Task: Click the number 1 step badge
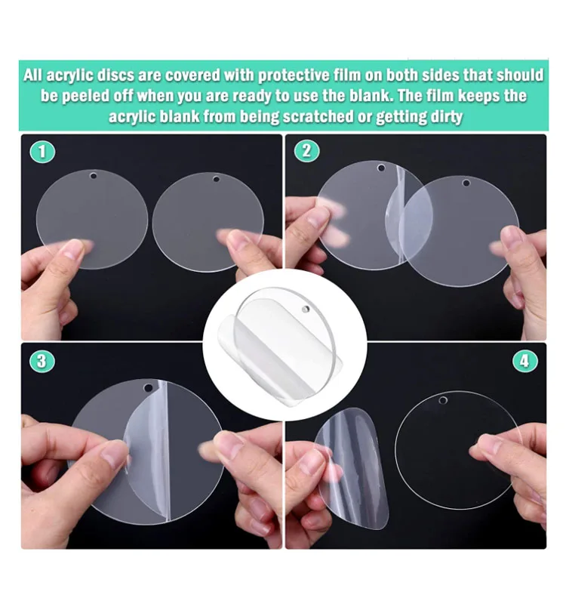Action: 42,151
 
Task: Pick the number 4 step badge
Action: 524,361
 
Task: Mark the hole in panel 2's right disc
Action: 466,183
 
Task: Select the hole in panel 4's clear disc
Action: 443,398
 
